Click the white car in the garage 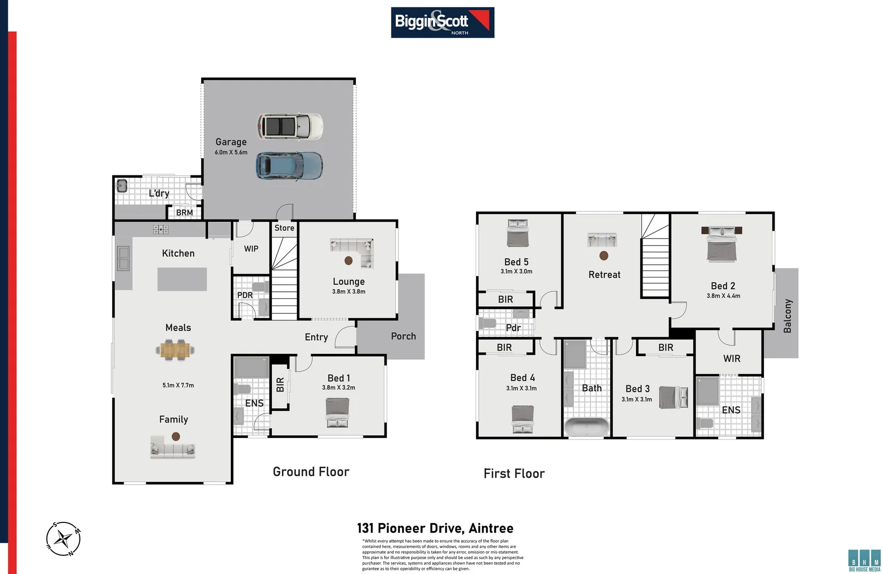[x=290, y=126]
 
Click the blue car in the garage [x=289, y=166]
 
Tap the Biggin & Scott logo [x=443, y=22]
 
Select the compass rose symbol [x=63, y=539]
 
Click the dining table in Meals [x=175, y=350]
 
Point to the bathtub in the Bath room [x=586, y=426]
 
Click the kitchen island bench [x=182, y=279]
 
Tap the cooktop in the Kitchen [x=161, y=230]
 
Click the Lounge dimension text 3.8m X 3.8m [x=348, y=291]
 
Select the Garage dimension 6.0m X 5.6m [x=231, y=152]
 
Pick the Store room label [x=284, y=228]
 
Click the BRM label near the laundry [x=184, y=213]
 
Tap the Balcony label [x=787, y=316]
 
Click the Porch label [x=403, y=336]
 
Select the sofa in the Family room [x=173, y=448]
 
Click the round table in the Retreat [x=604, y=256]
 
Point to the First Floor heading [x=514, y=474]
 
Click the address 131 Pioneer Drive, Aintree [x=435, y=528]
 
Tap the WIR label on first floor [x=731, y=358]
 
